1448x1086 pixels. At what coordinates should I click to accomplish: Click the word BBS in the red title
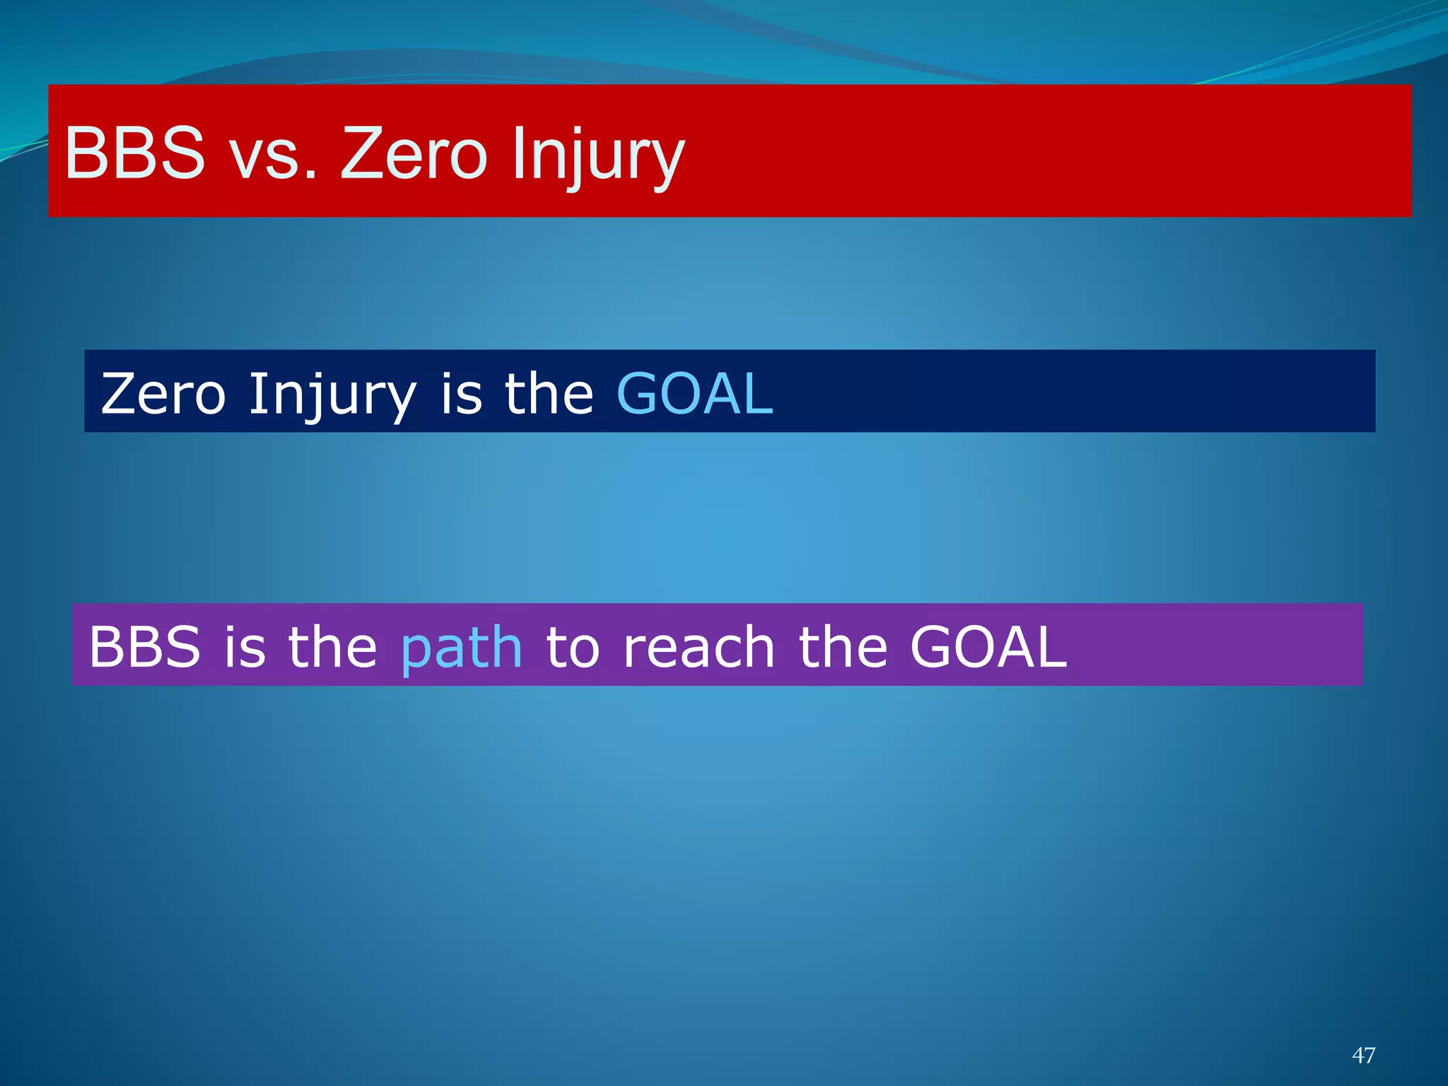coord(134,153)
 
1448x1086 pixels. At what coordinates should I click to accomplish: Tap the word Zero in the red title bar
coord(414,153)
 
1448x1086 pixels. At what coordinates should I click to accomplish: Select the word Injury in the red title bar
coord(598,156)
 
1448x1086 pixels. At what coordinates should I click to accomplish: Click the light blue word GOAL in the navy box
coord(694,394)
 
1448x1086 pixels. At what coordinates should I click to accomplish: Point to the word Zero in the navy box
coord(163,394)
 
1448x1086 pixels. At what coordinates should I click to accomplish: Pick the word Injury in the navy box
coord(332,396)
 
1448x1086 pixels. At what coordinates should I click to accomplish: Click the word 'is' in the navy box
coord(461,394)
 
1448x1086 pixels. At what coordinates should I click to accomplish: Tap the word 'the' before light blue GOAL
coord(549,394)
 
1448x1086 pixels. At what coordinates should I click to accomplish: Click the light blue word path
coord(461,649)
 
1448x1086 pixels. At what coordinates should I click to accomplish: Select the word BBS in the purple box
coord(144,647)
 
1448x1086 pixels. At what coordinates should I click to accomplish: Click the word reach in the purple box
coord(699,648)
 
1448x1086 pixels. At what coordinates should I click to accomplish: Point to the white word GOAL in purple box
coord(988,647)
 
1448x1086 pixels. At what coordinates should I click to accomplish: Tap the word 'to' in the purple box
coord(573,648)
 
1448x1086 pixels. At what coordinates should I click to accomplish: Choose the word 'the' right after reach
coord(843,647)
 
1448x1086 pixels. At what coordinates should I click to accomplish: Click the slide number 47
coord(1363,1055)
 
